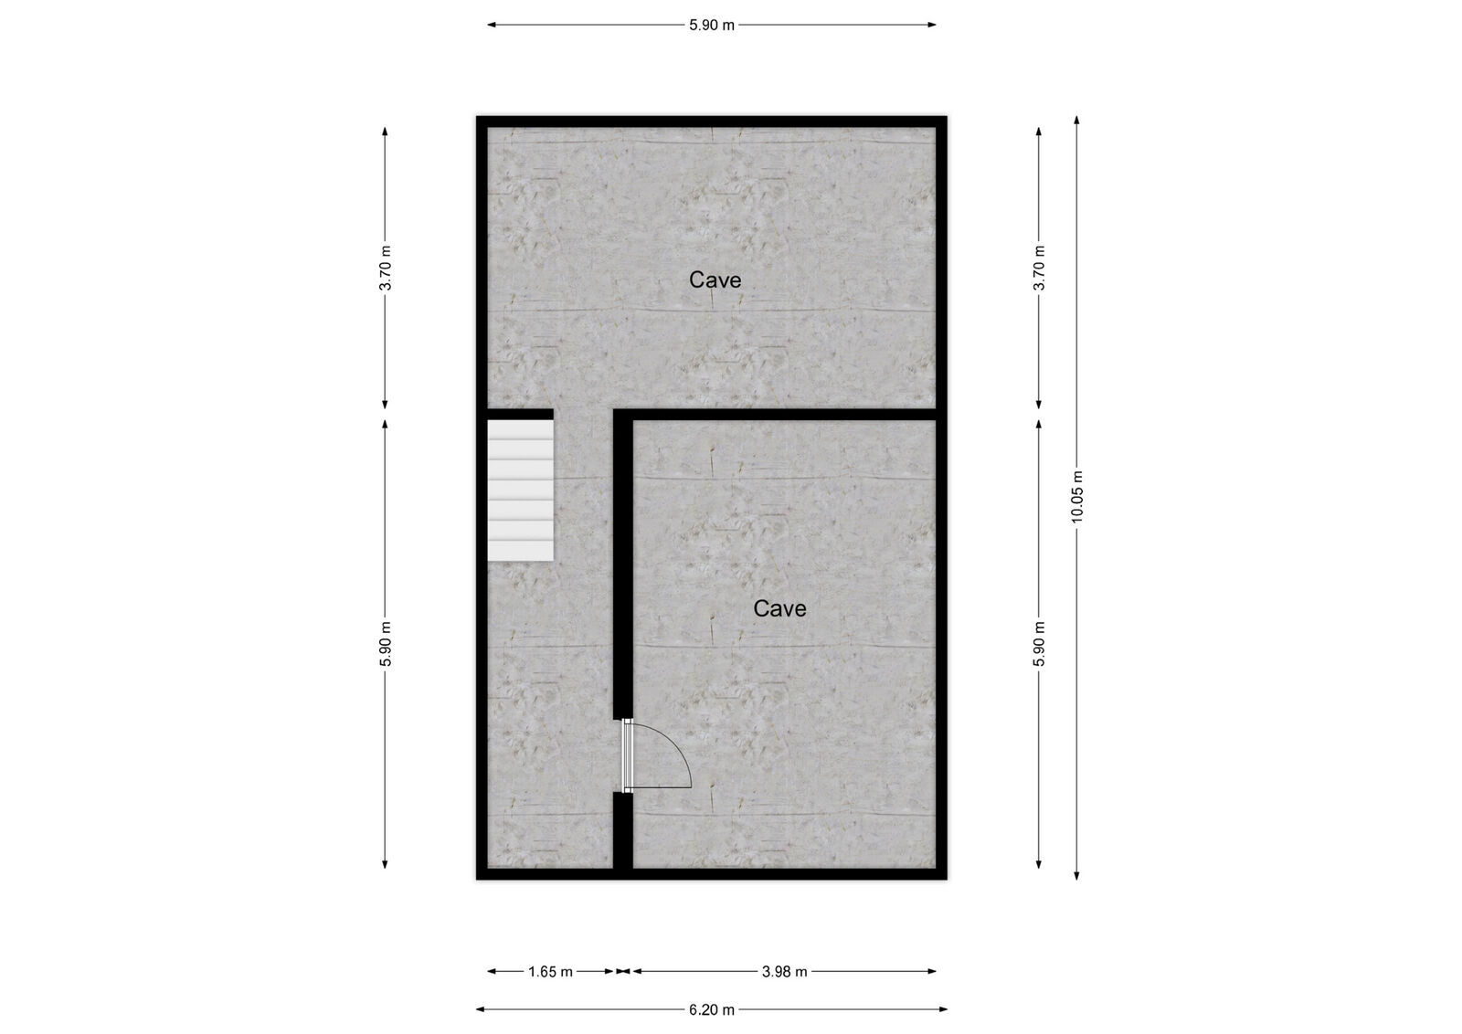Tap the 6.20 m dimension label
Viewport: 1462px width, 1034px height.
pos(712,1009)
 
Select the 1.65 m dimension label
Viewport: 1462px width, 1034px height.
pos(550,971)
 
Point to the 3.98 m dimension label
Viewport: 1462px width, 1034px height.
pos(784,971)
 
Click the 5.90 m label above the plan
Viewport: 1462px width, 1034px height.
pos(712,25)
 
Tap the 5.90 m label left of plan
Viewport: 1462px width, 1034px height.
pos(386,644)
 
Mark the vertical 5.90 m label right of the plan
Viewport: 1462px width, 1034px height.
pos(1039,644)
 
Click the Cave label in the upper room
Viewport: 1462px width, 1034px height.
pos(715,280)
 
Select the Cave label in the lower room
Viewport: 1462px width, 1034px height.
pos(779,608)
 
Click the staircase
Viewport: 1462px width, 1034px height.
pos(520,490)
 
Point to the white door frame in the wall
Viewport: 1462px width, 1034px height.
pos(627,754)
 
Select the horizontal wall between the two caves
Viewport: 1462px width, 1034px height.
pos(777,415)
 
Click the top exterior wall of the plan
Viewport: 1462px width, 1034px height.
pos(712,121)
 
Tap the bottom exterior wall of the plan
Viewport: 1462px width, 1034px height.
pos(712,874)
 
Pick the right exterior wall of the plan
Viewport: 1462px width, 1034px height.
pos(941,498)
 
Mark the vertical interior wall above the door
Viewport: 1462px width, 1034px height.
pos(622,566)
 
